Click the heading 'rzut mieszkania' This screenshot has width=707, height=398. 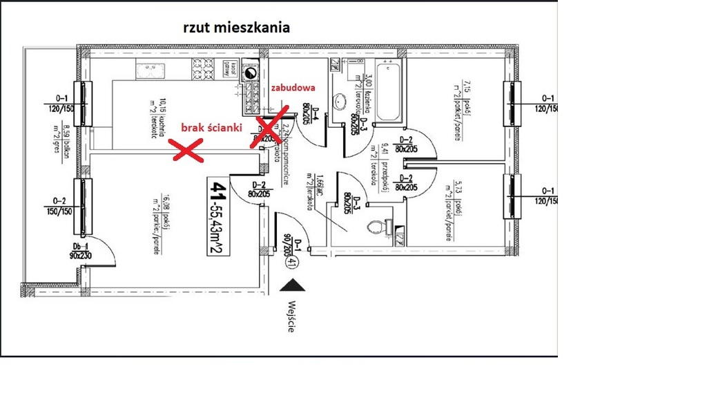236,28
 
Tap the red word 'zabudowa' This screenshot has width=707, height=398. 293,88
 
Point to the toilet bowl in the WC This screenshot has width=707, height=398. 377,225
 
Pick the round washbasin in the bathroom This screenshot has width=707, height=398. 340,102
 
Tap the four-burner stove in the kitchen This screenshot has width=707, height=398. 202,68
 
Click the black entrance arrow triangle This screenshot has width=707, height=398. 293,285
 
